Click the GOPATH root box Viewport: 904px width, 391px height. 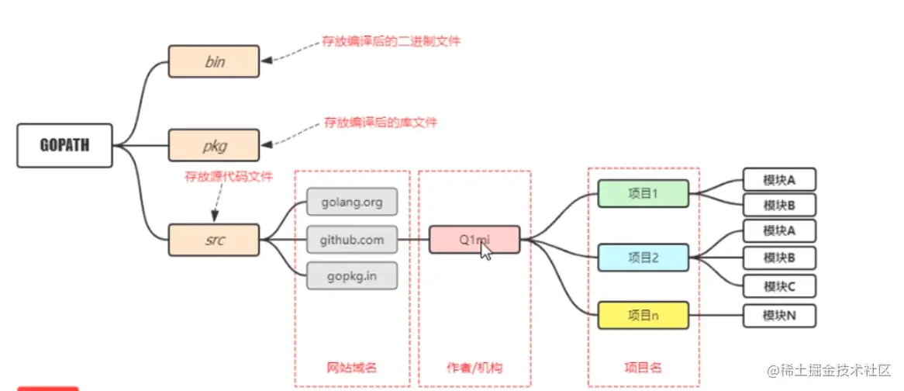click(x=64, y=146)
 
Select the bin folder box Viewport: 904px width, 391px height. click(x=214, y=61)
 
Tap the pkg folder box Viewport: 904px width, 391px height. click(x=214, y=145)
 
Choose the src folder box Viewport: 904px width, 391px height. click(x=214, y=240)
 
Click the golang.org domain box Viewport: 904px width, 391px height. click(x=352, y=202)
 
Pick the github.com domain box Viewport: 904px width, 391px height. click(x=352, y=239)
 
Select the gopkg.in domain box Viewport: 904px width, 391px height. click(x=352, y=275)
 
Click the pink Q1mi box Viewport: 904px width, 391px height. click(x=474, y=239)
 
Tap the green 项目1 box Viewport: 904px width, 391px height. click(x=643, y=194)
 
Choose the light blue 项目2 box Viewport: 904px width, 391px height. click(x=643, y=258)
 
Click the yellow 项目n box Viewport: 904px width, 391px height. click(x=643, y=315)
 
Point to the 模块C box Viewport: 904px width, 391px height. click(x=779, y=286)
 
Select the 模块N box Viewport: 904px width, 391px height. click(x=779, y=316)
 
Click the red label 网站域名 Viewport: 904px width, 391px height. click(x=352, y=367)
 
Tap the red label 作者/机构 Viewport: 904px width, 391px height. click(x=474, y=367)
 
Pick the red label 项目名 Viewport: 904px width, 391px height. click(x=643, y=367)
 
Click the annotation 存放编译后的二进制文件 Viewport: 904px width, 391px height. click(x=392, y=42)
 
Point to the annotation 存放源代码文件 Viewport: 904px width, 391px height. click(x=228, y=177)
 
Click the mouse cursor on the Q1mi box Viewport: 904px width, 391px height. click(x=485, y=251)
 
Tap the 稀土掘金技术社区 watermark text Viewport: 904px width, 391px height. click(x=829, y=370)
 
